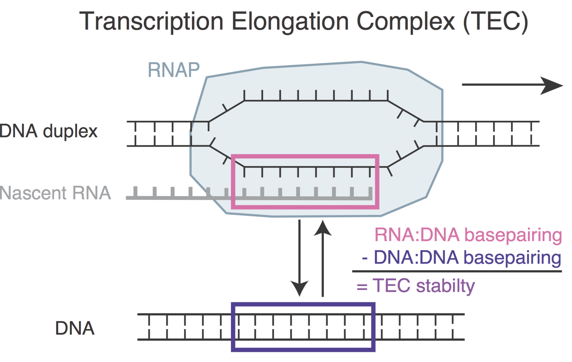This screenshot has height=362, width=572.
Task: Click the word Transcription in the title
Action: click(x=151, y=22)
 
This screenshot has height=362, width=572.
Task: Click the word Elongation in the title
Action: click(x=290, y=22)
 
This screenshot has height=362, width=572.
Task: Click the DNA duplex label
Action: click(x=48, y=131)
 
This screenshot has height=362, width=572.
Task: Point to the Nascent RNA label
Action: click(x=55, y=193)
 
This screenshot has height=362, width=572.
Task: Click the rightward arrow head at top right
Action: click(x=552, y=85)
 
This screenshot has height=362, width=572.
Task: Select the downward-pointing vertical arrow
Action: click(x=299, y=256)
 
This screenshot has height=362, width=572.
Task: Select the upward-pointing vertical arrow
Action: click(x=322, y=256)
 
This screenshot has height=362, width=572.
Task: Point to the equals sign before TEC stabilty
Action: click(x=362, y=286)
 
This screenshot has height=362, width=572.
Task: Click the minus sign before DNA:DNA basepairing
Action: click(x=365, y=258)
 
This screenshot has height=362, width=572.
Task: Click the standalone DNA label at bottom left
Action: click(x=75, y=328)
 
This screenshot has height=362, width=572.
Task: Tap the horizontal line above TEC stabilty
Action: click(x=457, y=271)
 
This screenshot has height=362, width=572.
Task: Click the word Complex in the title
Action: click(x=406, y=22)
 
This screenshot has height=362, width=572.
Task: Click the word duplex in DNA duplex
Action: click(x=70, y=131)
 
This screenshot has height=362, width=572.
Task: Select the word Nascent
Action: click(x=33, y=193)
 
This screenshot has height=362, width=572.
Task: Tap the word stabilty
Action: click(x=445, y=286)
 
